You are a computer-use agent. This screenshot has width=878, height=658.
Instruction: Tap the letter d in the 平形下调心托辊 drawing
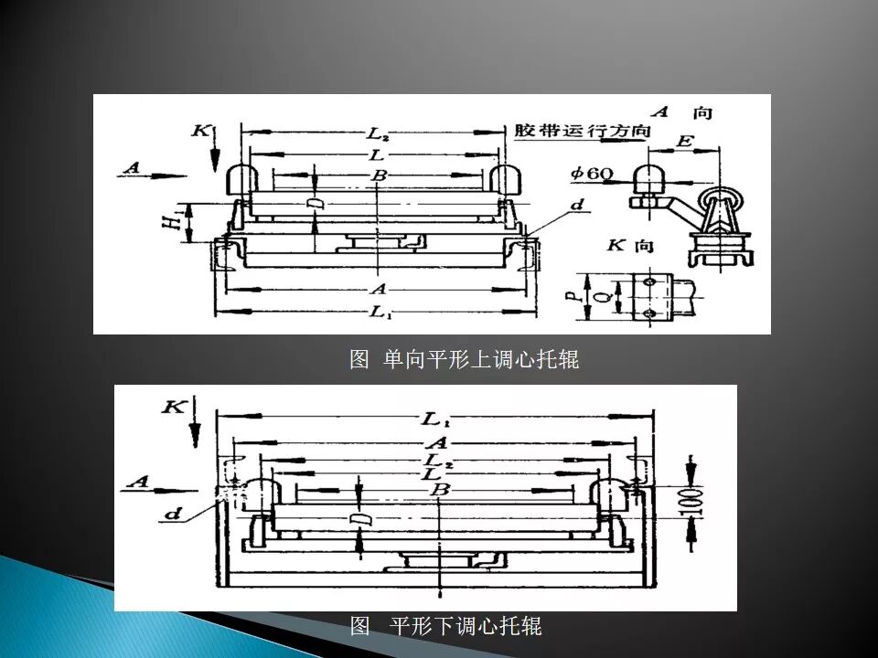tap(172, 515)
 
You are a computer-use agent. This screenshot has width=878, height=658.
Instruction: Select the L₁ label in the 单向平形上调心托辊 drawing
tap(379, 313)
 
